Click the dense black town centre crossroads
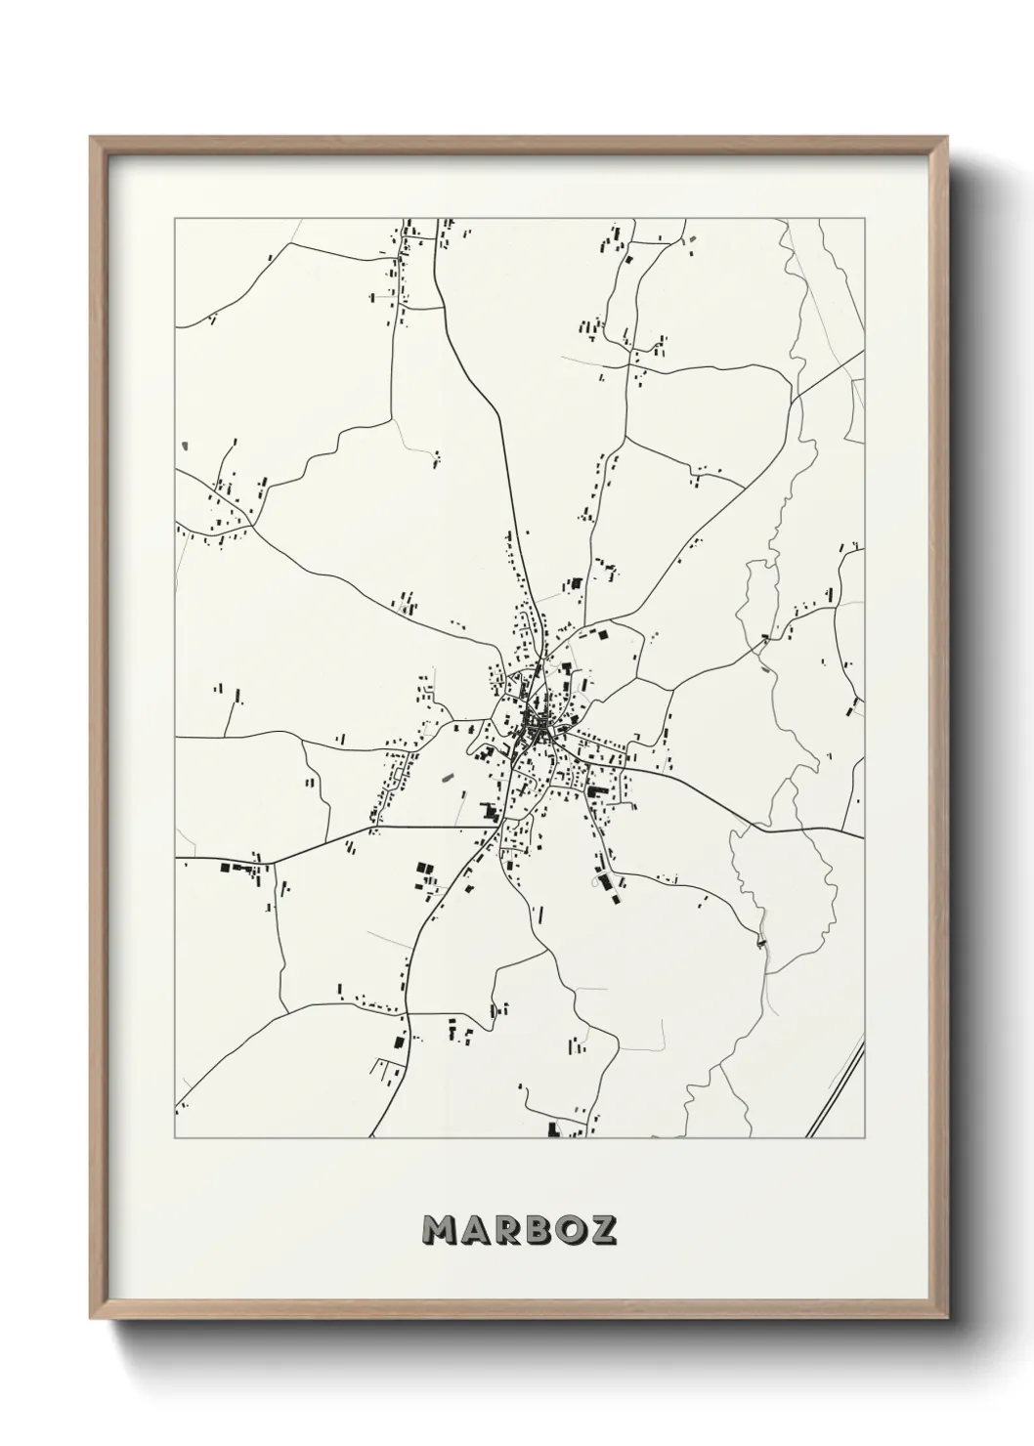(x=536, y=728)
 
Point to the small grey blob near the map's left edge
(x=184, y=447)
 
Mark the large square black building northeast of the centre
(x=602, y=635)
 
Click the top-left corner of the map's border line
(x=175, y=219)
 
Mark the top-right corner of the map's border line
(x=865, y=219)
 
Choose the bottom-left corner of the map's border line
(x=175, y=1138)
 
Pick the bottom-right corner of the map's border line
(x=865, y=1138)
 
